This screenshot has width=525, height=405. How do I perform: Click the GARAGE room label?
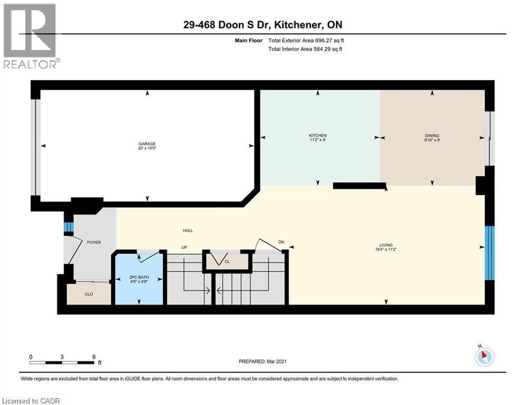[x=147, y=144]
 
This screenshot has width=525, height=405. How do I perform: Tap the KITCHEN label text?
[x=318, y=136]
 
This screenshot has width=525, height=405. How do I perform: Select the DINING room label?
[x=432, y=136]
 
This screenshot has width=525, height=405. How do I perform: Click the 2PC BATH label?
[x=138, y=277]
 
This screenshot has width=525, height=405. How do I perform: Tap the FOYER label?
[x=93, y=243]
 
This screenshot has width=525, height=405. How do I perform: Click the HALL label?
[x=188, y=230]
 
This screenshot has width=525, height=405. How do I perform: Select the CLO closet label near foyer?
[x=89, y=294]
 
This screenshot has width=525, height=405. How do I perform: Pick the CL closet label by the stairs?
[x=226, y=261]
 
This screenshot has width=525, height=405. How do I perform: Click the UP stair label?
[x=185, y=248]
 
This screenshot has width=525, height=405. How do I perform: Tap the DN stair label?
[x=281, y=243]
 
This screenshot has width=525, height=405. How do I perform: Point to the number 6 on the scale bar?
[x=93, y=356]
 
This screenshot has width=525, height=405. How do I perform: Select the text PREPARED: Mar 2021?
[x=262, y=362]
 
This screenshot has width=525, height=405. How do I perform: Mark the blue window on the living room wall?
[x=489, y=253]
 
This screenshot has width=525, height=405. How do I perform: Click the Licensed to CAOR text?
[x=30, y=401]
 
